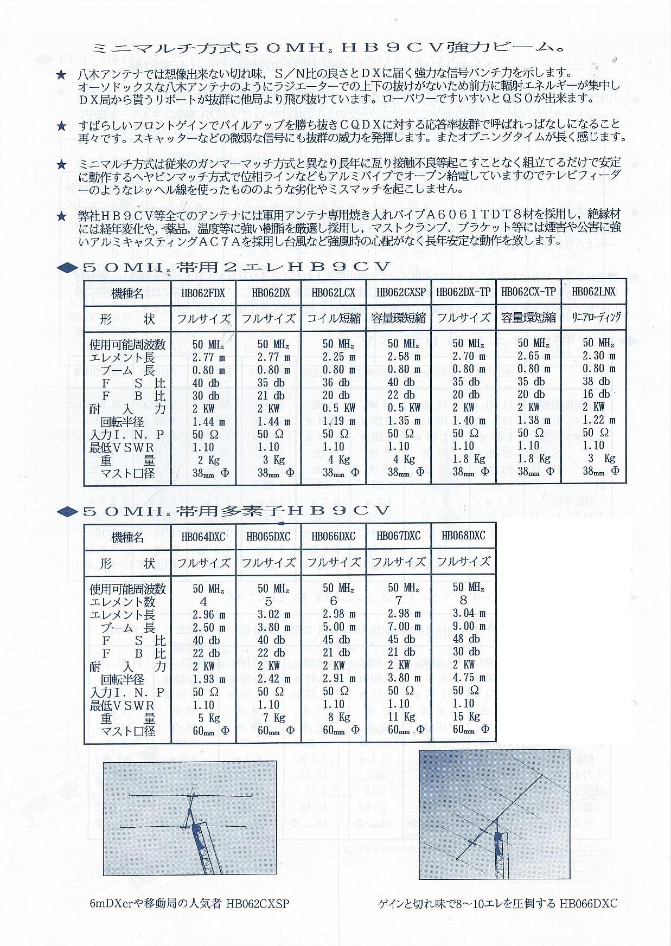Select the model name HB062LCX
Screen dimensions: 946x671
tap(333, 293)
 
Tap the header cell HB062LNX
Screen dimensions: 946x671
tap(594, 292)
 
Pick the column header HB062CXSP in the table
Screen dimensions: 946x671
tap(399, 293)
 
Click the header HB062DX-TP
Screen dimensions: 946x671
tap(463, 292)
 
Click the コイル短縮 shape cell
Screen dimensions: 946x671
tap(333, 318)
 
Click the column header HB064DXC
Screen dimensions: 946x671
tap(203, 537)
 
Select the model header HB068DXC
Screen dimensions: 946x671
tap(463, 536)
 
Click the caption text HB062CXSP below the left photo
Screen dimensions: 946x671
tap(258, 904)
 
